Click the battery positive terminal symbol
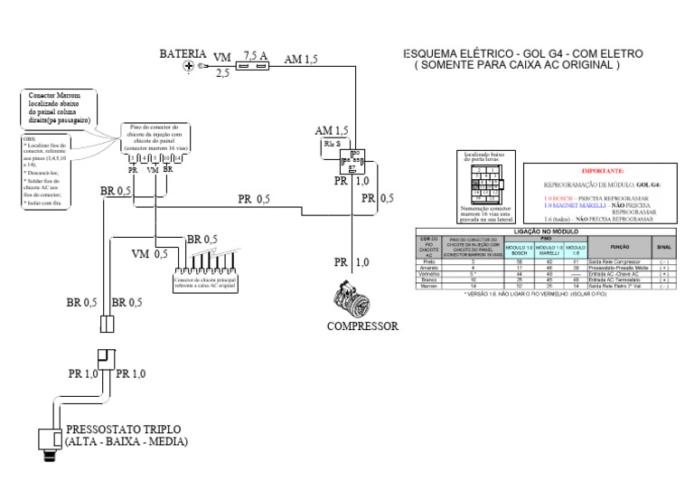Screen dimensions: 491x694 pyautogui.click(x=189, y=67)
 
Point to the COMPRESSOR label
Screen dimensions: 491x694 pyautogui.click(x=362, y=326)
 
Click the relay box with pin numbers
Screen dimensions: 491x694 pyautogui.click(x=351, y=161)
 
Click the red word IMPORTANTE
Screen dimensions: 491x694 pyautogui.click(x=602, y=171)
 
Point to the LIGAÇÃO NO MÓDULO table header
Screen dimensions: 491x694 pyautogui.click(x=550, y=231)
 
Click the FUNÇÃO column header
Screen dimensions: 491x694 pyautogui.click(x=620, y=246)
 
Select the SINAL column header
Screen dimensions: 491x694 pyautogui.click(x=664, y=246)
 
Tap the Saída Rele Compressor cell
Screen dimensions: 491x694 pyautogui.click(x=620, y=261)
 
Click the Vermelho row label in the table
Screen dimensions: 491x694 pyautogui.click(x=428, y=274)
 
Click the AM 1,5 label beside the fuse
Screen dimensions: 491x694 pyautogui.click(x=301, y=60)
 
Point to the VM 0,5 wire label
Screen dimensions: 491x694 pyautogui.click(x=150, y=254)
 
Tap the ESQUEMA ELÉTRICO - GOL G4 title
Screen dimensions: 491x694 pyautogui.click(x=523, y=54)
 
